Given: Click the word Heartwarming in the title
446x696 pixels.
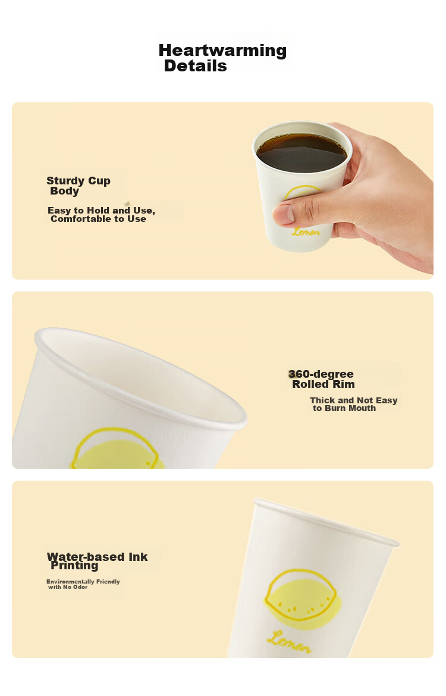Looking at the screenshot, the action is [222, 50].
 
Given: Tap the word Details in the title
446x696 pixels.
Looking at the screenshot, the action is [195, 66].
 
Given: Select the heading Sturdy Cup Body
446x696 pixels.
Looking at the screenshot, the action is [78, 186].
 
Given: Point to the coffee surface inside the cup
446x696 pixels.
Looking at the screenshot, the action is [301, 153].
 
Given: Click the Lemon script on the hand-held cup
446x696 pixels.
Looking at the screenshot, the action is [306, 232].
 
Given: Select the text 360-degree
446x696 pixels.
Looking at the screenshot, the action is [321, 374].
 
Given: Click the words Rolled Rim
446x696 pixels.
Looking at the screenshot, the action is [323, 384].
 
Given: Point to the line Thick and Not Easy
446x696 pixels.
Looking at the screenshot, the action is [354, 400].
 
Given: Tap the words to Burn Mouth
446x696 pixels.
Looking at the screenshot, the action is [344, 408].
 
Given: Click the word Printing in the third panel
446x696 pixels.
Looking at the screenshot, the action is [74, 566].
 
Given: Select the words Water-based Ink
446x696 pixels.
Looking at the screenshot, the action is [97, 557].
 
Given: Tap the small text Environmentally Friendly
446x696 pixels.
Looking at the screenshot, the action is [83, 581].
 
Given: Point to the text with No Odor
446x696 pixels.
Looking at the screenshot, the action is [68, 587].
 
